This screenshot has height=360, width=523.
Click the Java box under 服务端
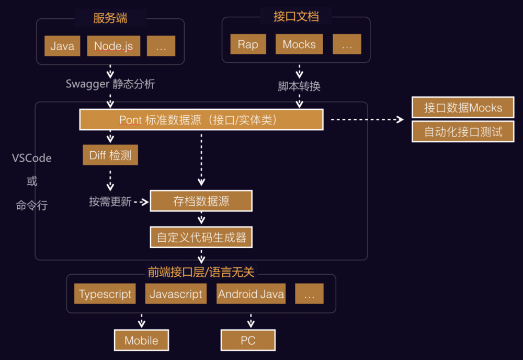click(x=62, y=46)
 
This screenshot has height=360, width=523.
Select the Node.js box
click(x=113, y=46)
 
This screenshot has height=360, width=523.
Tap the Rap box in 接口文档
click(x=248, y=44)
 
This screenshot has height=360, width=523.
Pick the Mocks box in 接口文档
click(x=299, y=44)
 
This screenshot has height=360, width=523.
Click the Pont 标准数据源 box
click(x=201, y=120)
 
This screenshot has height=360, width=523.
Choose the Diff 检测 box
click(x=110, y=155)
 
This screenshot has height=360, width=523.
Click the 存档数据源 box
click(x=201, y=201)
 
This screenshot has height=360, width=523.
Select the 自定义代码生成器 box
click(x=201, y=238)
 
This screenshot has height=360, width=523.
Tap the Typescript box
click(x=105, y=294)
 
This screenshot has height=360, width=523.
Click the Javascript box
click(x=176, y=294)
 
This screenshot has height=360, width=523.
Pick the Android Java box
click(x=251, y=294)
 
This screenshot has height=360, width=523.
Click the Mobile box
click(x=141, y=341)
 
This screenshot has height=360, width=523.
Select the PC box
click(x=248, y=341)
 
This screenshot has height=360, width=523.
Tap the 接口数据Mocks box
click(x=463, y=108)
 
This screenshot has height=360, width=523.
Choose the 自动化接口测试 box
click(x=463, y=131)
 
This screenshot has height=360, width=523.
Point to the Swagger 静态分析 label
click(x=110, y=84)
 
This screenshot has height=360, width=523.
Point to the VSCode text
click(x=32, y=158)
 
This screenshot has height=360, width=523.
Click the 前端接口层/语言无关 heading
click(x=201, y=272)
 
